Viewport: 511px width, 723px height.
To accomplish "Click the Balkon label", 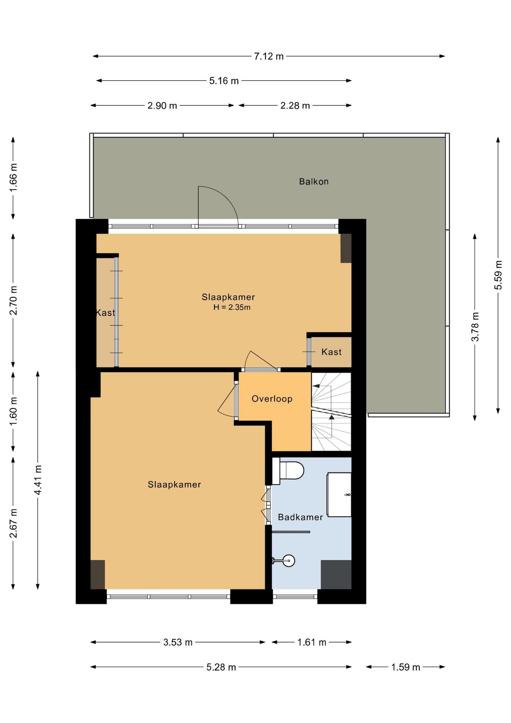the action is point(314,182).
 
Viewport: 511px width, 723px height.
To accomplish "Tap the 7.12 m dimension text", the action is point(269,56).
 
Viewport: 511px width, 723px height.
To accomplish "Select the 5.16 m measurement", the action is point(224,81).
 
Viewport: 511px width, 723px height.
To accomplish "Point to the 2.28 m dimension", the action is point(295,106).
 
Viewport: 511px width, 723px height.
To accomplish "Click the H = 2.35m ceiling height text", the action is point(232,307).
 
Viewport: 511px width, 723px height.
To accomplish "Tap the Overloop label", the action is point(272,399).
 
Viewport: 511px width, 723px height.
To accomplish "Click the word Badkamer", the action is point(300,517).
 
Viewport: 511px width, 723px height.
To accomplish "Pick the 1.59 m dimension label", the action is point(406,667).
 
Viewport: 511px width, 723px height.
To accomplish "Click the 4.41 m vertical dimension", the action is point(38,480).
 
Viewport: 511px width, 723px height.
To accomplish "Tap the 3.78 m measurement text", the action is point(475,326).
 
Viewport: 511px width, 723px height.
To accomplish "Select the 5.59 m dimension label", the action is point(498,275).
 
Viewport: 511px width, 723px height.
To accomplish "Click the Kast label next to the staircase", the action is point(332,352).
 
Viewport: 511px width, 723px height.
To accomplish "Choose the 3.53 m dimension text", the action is point(178,642).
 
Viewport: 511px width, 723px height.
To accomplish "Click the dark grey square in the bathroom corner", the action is point(336,575).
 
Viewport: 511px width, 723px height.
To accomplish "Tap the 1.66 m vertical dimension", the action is point(14,178).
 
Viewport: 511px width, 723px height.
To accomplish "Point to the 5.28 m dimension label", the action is point(221,667).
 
